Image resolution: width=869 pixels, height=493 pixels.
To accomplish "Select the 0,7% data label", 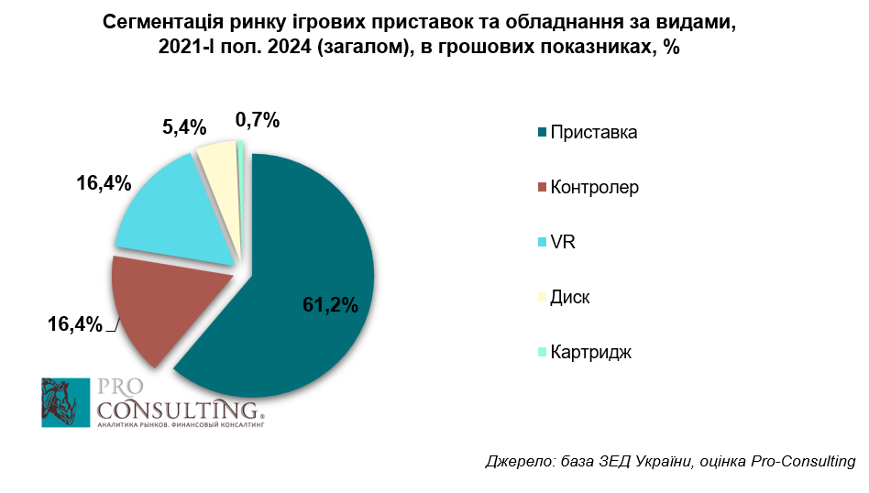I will [257, 119].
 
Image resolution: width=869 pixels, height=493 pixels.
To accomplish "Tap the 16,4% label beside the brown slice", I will [74, 323].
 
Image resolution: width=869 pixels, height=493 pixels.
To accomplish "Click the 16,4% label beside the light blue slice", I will [102, 183].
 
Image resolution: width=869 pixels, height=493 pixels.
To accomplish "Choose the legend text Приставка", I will [593, 133].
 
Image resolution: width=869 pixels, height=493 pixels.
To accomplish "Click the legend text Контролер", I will [594, 188].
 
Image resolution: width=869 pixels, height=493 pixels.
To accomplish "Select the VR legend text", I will [562, 243].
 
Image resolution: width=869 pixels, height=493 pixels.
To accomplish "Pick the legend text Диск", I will [569, 298].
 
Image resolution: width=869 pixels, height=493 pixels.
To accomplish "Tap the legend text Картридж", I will [590, 353].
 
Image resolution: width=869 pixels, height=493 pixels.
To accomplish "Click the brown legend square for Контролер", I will [543, 188].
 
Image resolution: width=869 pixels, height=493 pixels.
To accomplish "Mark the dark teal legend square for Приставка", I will [543, 133].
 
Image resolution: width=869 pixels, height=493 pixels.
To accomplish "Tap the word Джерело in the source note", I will [516, 461].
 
